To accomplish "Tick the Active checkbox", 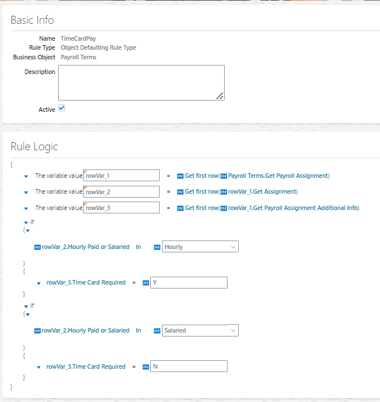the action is [62, 108].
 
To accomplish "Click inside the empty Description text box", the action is [141, 82].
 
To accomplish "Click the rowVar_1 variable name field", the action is [121, 176].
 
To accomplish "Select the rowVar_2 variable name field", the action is [121, 192].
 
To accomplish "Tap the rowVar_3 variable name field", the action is [121, 208].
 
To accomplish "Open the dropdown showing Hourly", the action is [200, 247].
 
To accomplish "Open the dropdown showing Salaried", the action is [200, 330].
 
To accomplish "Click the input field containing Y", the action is [189, 282].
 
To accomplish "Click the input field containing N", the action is [189, 366].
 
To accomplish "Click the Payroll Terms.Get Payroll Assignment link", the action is [278, 176].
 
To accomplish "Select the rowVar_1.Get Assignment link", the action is [263, 191].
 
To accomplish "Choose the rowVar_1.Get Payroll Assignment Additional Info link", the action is [293, 208].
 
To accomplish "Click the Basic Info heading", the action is [32, 20].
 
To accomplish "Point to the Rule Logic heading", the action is [34, 147].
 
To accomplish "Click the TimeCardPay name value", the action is [78, 38].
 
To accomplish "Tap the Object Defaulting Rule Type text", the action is [98, 47].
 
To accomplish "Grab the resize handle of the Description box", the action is [220, 96].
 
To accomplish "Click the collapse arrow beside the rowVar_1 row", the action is [26, 176].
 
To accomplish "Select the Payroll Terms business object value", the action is [78, 57].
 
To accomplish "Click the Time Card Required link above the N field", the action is [86, 366].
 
